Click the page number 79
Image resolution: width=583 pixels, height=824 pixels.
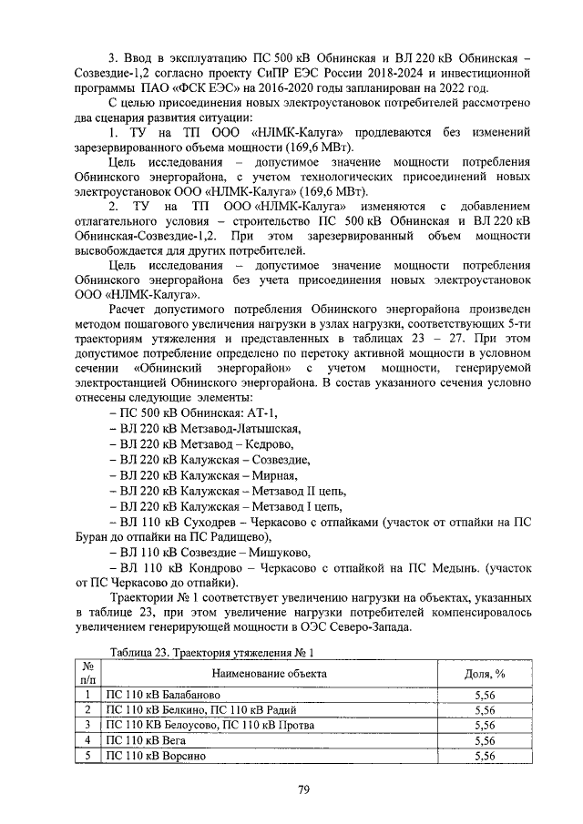[x=304, y=788]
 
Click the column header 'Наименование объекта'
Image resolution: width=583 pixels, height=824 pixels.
[x=270, y=673]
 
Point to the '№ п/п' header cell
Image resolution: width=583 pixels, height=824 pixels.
[x=87, y=673]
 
